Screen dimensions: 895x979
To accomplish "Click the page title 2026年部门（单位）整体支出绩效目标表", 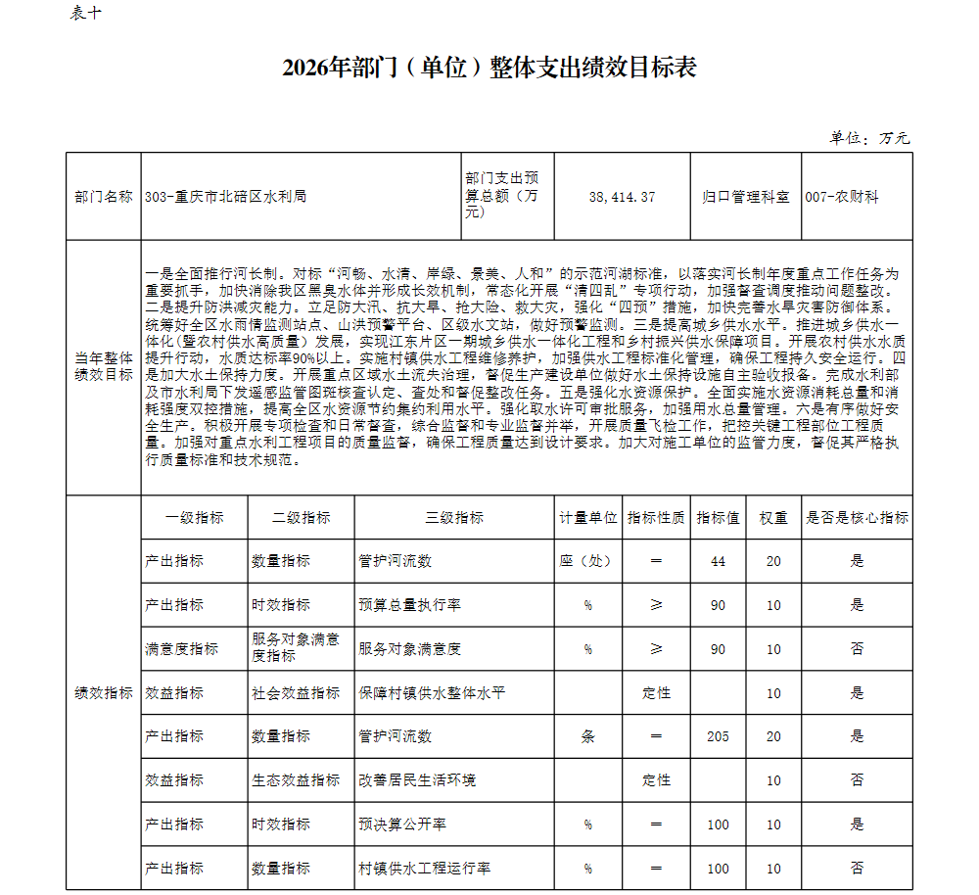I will click(489, 68).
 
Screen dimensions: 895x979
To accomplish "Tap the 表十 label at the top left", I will click(86, 13).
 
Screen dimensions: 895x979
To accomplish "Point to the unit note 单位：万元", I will click(869, 137).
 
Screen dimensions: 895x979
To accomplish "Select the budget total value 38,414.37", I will click(622, 197).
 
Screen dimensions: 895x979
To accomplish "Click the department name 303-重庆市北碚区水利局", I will click(225, 197).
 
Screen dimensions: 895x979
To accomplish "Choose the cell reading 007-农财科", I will click(842, 197).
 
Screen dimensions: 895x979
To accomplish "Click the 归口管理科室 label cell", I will click(745, 197).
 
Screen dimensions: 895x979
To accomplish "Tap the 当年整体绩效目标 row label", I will click(104, 366).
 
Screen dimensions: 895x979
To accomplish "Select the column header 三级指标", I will click(454, 518).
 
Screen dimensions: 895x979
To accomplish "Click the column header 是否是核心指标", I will click(857, 518).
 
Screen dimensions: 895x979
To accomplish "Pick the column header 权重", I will click(773, 518).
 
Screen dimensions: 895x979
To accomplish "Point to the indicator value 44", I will click(719, 561).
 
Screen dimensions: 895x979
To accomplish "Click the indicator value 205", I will click(719, 736).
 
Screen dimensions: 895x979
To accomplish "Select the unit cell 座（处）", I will click(587, 561).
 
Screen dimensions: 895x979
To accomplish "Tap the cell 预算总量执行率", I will click(409, 605).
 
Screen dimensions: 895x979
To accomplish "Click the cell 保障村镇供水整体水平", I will click(431, 693).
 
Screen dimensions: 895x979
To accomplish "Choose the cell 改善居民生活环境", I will click(417, 780).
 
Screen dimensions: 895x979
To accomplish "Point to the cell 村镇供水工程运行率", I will click(424, 869).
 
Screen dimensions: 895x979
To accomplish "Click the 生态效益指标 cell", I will click(296, 780).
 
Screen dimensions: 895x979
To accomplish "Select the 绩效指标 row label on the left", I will click(104, 693).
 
